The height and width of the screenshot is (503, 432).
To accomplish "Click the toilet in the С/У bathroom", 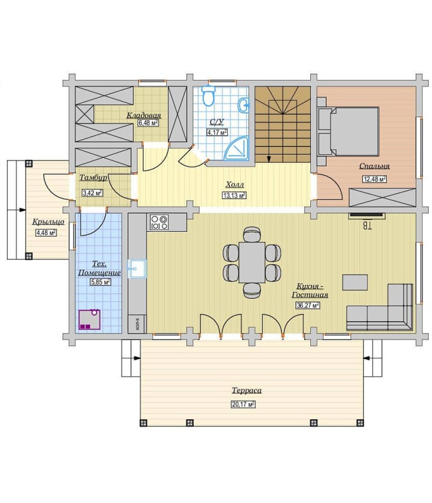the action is tap(208, 95).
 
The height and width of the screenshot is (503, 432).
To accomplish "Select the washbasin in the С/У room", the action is tap(244, 105).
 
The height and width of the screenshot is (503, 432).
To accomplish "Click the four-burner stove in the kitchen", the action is tap(159, 222).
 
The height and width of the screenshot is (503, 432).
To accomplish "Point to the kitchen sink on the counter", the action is tap(137, 269).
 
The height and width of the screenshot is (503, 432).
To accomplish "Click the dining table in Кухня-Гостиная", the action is tap(252, 262).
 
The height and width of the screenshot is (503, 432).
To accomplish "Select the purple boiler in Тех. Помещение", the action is tap(90, 319).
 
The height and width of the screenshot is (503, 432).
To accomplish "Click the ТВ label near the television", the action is tap(367, 226).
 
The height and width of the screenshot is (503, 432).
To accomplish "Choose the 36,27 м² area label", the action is tap(307, 306).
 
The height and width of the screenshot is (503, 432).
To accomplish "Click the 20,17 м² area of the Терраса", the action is tap(243, 404).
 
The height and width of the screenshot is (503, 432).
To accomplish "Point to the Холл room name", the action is tap(234, 185).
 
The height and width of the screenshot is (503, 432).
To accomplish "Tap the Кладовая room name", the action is tap(144, 115).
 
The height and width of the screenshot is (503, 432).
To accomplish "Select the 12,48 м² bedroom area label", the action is tap(374, 179).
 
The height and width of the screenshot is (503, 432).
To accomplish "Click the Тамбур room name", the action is tap(93, 178).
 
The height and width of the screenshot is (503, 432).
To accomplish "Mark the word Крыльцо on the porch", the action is tap(48, 222).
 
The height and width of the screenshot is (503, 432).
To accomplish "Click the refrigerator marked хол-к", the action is tap(137, 324).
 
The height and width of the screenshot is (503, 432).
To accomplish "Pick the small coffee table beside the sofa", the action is tap(355, 283).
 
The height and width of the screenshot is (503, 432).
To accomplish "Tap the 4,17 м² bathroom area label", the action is tap(217, 132).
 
